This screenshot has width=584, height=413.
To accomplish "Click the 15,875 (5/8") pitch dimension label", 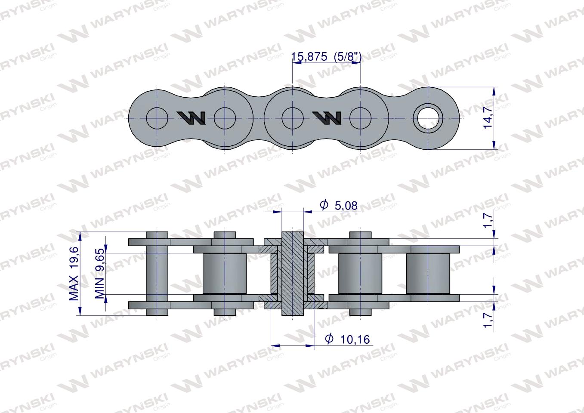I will click(326, 56).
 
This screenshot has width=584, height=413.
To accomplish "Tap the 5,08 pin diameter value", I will click(345, 206).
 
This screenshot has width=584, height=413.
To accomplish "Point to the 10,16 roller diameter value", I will click(355, 339).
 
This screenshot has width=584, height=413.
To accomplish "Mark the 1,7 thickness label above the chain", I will click(487, 220).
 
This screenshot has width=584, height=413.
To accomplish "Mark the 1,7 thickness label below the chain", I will click(487, 320).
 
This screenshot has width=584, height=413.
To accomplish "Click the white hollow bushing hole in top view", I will click(428, 118).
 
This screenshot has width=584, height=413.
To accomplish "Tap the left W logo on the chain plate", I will click(191, 117).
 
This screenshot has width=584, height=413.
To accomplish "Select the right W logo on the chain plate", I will click(327, 117).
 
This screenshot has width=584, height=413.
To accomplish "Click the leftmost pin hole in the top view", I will click(158, 118).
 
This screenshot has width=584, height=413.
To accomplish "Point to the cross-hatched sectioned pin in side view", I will click(292, 274).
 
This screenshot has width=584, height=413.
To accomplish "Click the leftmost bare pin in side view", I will click(158, 274).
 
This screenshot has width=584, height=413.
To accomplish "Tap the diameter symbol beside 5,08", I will click(324, 205).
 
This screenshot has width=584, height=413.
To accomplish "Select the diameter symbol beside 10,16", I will click(329, 339).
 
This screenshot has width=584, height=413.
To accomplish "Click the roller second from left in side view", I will click(225, 274).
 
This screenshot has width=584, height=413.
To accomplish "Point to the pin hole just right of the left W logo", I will click(225, 118).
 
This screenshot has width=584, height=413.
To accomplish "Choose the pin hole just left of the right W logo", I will click(292, 118).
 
